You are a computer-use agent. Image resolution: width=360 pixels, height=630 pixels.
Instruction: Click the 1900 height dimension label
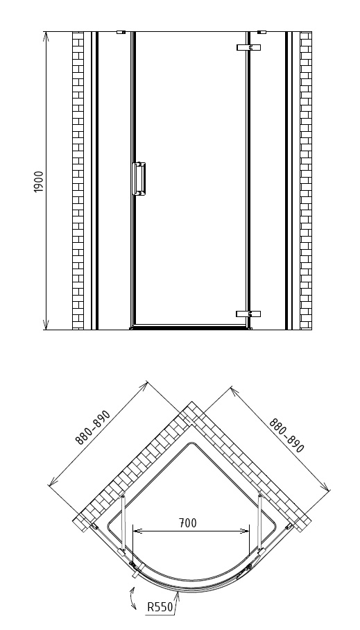(x=39, y=182)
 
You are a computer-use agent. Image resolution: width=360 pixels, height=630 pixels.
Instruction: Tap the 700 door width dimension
(x=188, y=522)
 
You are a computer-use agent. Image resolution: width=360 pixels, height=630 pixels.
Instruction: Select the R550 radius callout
(x=160, y=606)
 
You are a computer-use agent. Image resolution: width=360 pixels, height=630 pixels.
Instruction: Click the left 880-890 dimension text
(x=93, y=427)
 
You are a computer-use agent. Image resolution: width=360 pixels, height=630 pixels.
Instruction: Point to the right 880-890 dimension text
(x=287, y=435)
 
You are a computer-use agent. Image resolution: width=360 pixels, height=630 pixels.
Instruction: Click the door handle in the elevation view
(x=139, y=179)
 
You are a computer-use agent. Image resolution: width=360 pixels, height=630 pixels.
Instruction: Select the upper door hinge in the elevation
(x=249, y=47)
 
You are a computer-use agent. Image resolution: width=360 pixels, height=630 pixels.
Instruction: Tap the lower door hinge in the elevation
(x=248, y=314)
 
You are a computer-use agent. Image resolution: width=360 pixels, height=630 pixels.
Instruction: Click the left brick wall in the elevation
(x=78, y=181)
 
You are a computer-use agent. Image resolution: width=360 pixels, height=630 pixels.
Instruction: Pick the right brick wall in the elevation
(x=306, y=181)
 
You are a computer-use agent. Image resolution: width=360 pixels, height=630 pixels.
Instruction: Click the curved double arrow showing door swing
(x=132, y=598)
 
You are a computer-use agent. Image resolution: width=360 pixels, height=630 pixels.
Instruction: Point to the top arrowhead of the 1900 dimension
(x=46, y=36)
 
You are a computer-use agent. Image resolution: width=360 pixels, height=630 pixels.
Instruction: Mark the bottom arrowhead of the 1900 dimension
(x=46, y=325)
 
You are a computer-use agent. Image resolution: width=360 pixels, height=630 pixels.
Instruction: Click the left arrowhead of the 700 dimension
(x=137, y=531)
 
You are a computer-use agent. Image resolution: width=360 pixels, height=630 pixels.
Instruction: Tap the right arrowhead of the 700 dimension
(x=245, y=531)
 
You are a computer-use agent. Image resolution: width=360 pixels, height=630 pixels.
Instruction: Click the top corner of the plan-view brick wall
(x=191, y=402)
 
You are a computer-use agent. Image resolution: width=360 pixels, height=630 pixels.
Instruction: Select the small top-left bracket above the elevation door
(x=121, y=32)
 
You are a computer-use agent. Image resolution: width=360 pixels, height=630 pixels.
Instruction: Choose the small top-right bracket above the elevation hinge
(x=262, y=32)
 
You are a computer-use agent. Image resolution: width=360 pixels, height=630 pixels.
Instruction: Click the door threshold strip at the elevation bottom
(x=191, y=328)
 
